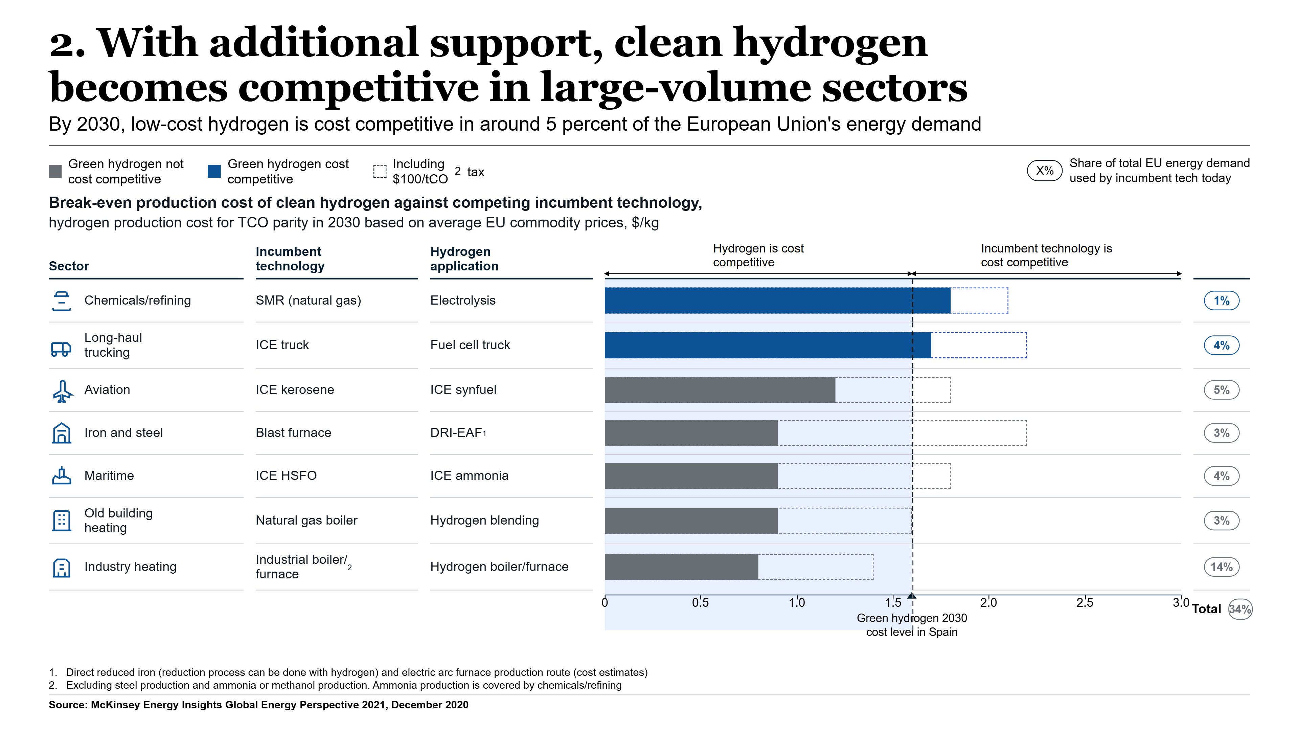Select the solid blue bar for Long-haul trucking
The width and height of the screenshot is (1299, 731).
tap(768, 345)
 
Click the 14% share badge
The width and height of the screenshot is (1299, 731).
tap(1221, 567)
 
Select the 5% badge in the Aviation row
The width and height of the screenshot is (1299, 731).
tap(1221, 390)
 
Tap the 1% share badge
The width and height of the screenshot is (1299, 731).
tap(1221, 301)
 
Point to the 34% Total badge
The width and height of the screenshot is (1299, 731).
tap(1240, 610)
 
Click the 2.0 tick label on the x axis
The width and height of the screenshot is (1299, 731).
tap(988, 603)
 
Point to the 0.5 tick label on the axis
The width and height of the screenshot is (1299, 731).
tap(701, 603)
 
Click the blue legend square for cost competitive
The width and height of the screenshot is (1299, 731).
tap(214, 172)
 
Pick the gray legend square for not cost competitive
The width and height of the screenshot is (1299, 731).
tap(55, 172)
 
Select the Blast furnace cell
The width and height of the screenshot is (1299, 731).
tap(294, 433)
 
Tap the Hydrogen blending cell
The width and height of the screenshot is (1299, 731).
tap(485, 520)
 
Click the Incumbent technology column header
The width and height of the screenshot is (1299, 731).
tap(290, 259)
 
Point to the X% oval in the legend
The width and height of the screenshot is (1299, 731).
tap(1045, 171)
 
